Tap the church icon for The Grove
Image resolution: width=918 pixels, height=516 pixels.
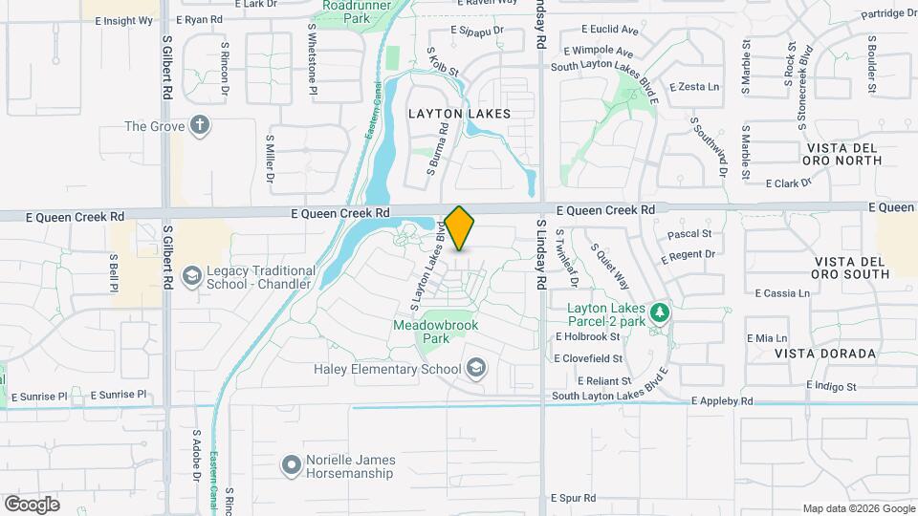point(199,126)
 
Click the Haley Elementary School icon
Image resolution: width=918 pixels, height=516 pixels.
point(475,369)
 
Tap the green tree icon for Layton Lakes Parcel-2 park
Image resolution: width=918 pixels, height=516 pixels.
point(658,312)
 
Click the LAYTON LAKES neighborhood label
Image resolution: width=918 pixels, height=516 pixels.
point(459,113)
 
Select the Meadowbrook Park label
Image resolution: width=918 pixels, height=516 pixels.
point(435,332)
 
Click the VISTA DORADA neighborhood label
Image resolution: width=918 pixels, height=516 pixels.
point(813,354)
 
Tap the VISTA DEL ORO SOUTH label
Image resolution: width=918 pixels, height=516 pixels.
point(852,268)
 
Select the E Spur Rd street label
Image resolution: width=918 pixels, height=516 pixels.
point(574,498)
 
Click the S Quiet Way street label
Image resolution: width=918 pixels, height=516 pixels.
point(610,265)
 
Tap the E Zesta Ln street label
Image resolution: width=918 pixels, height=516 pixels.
point(694,87)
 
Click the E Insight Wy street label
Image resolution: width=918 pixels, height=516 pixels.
point(123,20)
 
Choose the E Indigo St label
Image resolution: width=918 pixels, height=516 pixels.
point(832,385)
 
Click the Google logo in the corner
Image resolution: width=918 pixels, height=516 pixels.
point(32,504)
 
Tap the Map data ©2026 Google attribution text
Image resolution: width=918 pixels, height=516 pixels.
point(858,508)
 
